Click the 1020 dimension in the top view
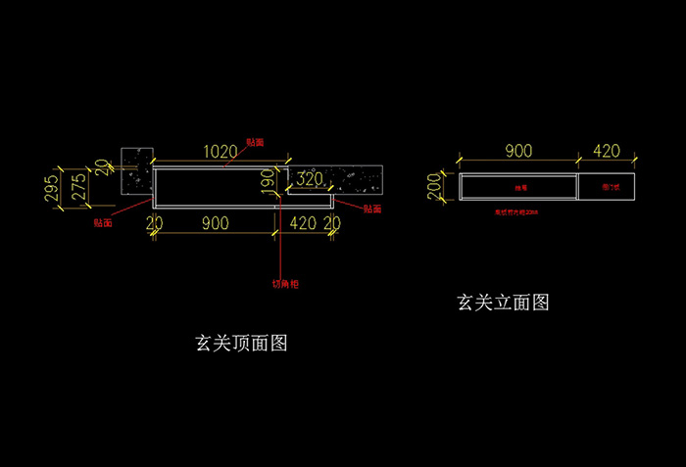(220, 152)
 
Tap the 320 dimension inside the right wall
(310, 179)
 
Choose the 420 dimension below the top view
(303, 223)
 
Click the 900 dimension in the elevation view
(517, 151)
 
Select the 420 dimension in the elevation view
(607, 151)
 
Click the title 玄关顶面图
(241, 344)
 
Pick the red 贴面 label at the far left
(102, 222)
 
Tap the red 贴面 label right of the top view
(371, 209)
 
